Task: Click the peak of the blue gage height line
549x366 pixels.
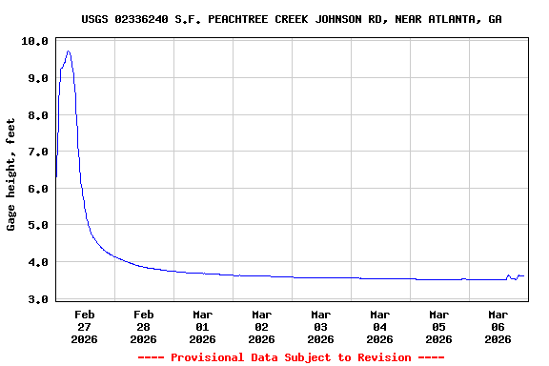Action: (x=68, y=51)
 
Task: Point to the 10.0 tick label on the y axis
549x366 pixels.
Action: (x=33, y=42)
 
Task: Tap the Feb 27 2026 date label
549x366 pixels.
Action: (x=85, y=326)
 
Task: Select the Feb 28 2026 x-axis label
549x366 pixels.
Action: (x=144, y=326)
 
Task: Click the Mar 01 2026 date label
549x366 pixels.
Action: (x=203, y=326)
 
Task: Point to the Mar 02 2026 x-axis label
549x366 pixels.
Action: (x=262, y=326)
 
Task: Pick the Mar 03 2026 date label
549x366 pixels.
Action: (x=321, y=326)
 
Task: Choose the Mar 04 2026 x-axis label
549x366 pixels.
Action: (x=380, y=326)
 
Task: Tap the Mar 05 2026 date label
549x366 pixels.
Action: (x=439, y=326)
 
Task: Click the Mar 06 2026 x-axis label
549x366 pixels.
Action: (x=498, y=326)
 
